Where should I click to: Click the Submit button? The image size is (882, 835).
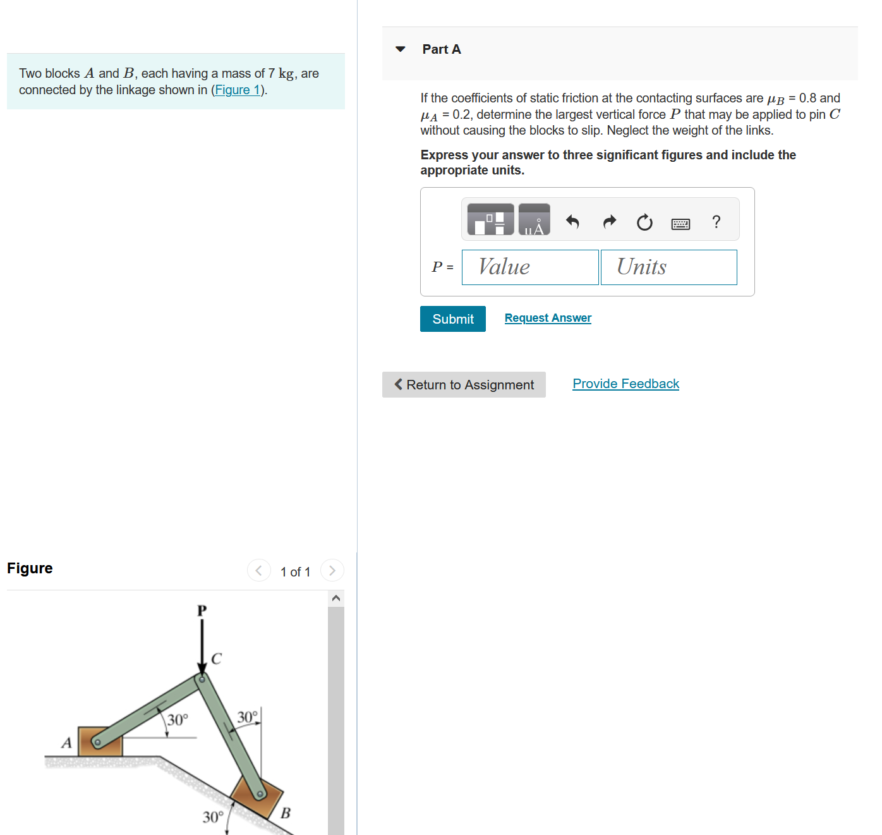[452, 319]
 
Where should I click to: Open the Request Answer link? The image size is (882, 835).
[548, 318]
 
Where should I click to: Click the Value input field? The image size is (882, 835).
[529, 267]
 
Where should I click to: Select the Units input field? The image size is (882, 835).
[668, 267]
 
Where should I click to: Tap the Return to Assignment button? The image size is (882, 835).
[464, 385]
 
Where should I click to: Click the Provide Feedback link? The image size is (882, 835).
[625, 384]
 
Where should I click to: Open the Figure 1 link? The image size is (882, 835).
[238, 90]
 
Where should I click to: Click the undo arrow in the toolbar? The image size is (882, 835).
[572, 222]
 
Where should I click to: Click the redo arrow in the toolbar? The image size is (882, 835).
[609, 222]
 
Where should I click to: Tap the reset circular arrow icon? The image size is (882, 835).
[644, 222]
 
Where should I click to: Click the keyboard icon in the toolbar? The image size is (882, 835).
[680, 224]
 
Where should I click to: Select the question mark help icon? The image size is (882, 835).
[716, 222]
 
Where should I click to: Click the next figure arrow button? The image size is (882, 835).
[332, 570]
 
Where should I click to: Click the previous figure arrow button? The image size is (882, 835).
[258, 570]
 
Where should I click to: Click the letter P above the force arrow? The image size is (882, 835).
[202, 611]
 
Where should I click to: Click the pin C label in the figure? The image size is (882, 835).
[216, 659]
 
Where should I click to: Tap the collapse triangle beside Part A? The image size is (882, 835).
[400, 49]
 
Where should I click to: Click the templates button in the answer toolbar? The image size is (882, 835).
[490, 219]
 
